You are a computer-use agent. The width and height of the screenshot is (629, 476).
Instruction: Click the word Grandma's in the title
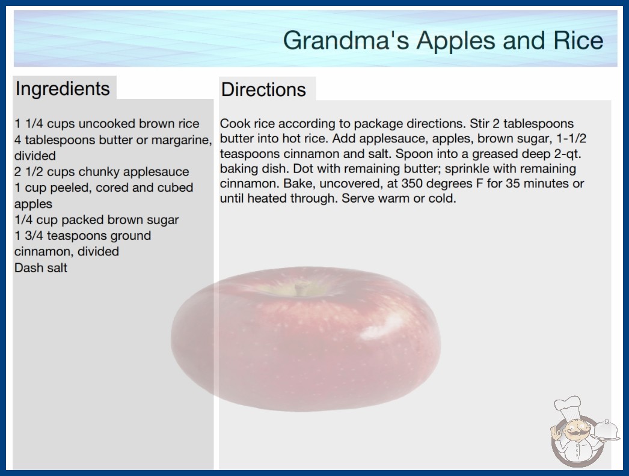pyautogui.click(x=346, y=40)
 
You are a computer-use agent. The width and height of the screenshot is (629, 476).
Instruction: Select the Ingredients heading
pyautogui.click(x=63, y=88)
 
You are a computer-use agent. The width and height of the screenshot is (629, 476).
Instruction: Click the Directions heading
pyautogui.click(x=263, y=90)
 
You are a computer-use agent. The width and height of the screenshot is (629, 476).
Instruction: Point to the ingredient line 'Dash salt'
pyautogui.click(x=40, y=267)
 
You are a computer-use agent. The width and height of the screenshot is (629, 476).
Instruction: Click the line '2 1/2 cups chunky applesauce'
pyautogui.click(x=102, y=172)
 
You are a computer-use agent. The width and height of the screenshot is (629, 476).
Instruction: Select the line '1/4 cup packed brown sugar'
pyautogui.click(x=96, y=220)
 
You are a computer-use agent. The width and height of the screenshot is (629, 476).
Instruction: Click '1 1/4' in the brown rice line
pyautogui.click(x=28, y=124)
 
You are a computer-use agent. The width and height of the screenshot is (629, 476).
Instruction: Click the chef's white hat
pyautogui.click(x=568, y=406)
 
